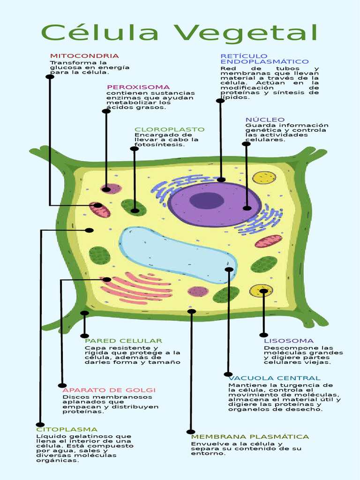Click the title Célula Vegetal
pos(180,33)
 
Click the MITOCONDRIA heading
pos(84,56)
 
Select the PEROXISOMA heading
pos(138,87)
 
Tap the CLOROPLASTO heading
pos(169,129)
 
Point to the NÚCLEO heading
pos(265,120)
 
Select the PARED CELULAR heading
pos(123,341)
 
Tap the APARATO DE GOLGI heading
pos(109,390)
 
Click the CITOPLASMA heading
pos(67,429)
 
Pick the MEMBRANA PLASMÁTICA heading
pos(250,437)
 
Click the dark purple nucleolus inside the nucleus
pos(207,201)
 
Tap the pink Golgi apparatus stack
pos(136,287)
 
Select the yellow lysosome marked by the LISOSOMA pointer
pos(261,291)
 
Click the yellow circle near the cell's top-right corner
pos(264,178)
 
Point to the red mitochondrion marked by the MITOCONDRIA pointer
pos(100,210)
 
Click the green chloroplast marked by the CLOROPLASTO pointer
pos(134,207)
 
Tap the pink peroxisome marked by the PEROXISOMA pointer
pos(111,189)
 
